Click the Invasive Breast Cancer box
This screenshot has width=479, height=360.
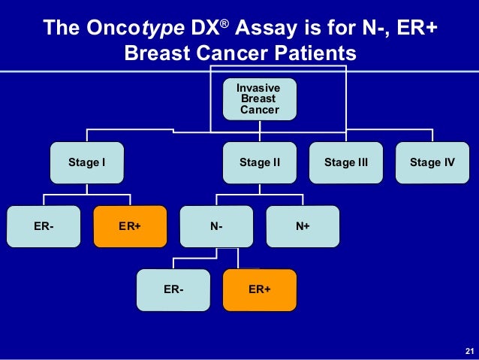tap(259, 98)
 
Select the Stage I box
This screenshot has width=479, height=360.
tap(86, 162)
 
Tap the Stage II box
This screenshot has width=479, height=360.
tap(259, 162)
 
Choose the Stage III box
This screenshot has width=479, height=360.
tap(345, 162)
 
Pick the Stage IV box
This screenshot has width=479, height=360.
tap(432, 162)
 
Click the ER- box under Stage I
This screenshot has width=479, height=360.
tap(44, 225)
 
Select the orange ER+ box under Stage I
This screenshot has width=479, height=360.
tap(130, 225)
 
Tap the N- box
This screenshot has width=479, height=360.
tap(216, 225)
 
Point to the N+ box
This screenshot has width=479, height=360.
tap(303, 225)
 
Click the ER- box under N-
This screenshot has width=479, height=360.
tap(173, 289)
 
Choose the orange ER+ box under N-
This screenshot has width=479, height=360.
tap(259, 289)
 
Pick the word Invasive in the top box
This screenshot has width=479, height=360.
tap(259, 89)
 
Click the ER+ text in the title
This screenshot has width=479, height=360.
tap(418, 29)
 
